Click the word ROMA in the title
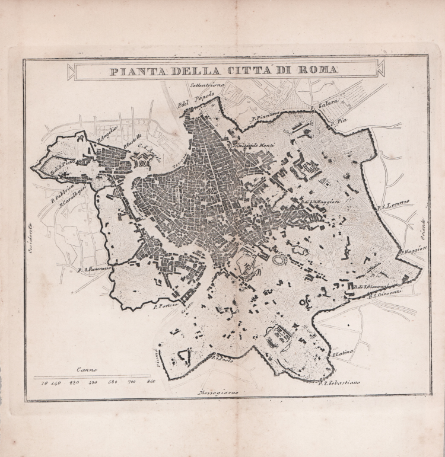point(318,71)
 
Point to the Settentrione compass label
point(207,85)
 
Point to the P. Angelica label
point(107,129)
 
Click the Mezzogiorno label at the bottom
point(218,392)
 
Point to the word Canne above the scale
point(87,369)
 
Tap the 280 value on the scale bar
point(74,382)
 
